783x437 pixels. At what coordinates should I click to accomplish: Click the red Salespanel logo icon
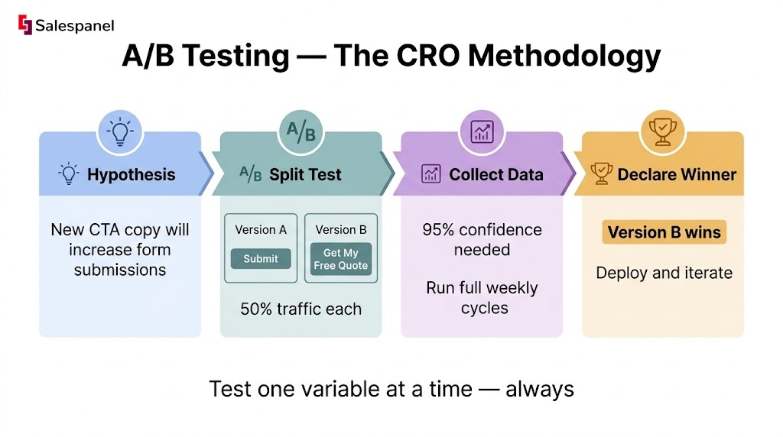25,24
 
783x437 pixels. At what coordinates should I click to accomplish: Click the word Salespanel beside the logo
75,25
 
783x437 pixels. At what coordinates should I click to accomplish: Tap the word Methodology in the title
564,56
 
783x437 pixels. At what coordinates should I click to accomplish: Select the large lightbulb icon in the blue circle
120,131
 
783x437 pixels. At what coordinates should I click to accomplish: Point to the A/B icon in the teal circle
301,131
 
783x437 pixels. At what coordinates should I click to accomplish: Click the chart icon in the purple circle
482,131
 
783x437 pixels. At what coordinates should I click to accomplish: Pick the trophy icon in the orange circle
663,131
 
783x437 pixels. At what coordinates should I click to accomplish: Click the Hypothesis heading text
132,175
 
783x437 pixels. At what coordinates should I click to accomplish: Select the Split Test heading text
305,175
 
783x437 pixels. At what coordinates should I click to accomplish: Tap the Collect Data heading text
495,175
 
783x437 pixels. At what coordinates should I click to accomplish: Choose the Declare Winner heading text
677,175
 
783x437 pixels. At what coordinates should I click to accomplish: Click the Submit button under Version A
261,258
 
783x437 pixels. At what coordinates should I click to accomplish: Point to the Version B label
341,229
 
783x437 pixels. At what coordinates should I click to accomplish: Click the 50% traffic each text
301,309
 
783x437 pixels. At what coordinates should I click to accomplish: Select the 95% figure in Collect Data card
438,229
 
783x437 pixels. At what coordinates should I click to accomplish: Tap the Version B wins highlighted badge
664,232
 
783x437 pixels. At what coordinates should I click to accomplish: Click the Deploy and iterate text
664,273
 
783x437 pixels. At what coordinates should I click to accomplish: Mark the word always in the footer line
540,390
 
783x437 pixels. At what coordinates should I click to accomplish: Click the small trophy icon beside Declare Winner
602,173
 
